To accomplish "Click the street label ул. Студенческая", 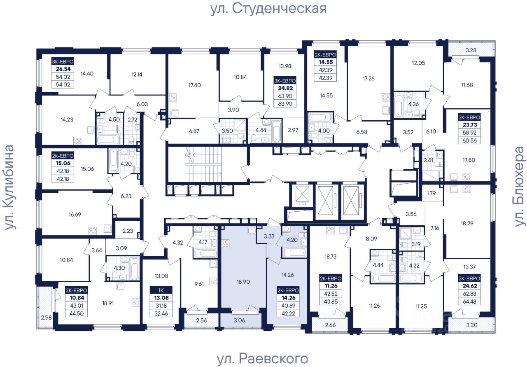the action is coord(268,9).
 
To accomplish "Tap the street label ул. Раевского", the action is coord(262,358).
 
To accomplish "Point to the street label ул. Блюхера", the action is coord(520,186).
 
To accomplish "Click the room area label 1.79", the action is coord(431,193).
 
